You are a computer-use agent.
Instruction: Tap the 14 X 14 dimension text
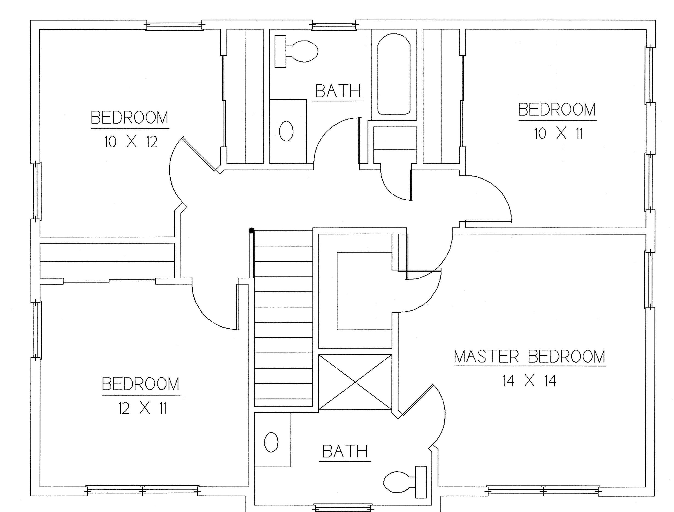click(x=529, y=381)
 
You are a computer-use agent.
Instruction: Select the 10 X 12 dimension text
click(x=131, y=142)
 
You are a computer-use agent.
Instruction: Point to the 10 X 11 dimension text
click(x=559, y=134)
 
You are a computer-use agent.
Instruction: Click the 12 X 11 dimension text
click(x=143, y=408)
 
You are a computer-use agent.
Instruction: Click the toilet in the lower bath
click(x=405, y=482)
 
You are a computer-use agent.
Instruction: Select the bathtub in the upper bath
click(x=394, y=74)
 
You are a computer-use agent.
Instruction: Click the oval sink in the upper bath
click(x=287, y=131)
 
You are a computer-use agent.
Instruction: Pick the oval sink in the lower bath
click(x=271, y=442)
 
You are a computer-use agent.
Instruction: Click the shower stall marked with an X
click(x=355, y=382)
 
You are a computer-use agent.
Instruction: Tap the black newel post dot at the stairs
click(x=251, y=231)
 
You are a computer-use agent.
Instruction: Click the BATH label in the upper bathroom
click(x=338, y=91)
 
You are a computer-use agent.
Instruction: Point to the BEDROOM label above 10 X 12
click(x=130, y=117)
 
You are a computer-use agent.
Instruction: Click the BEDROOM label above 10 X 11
click(x=557, y=110)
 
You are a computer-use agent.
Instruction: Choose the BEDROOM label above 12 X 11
click(x=141, y=384)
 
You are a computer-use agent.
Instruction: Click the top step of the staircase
click(x=283, y=238)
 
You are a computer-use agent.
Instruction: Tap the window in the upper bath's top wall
click(x=334, y=25)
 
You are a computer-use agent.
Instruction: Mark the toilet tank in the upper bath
click(x=280, y=51)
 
